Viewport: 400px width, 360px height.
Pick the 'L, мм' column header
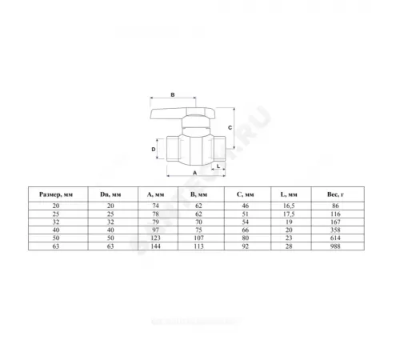tap(289, 193)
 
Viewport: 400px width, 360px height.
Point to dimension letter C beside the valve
tap(228, 126)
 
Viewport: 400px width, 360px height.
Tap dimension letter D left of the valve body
tap(154, 149)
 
